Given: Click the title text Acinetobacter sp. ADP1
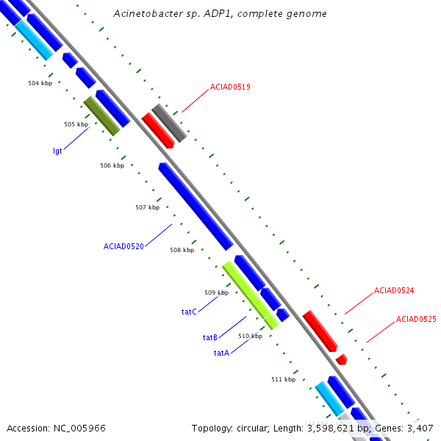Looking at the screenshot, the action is click(x=220, y=14).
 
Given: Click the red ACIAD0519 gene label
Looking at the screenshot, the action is click(x=230, y=87).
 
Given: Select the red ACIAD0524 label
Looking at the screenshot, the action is click(x=394, y=290).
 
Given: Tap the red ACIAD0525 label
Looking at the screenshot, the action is click(x=416, y=319).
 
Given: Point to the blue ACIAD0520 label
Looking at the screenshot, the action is click(x=123, y=246).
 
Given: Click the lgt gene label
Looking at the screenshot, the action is click(x=57, y=151).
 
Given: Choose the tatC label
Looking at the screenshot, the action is click(x=189, y=312).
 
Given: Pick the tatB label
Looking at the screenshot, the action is click(x=210, y=337).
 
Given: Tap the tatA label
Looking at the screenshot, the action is click(x=221, y=353).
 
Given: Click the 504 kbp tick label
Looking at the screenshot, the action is click(x=40, y=83).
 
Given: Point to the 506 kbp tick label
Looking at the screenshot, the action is click(x=112, y=165).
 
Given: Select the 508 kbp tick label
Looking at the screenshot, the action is click(x=182, y=250).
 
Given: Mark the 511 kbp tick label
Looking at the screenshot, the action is click(x=283, y=379).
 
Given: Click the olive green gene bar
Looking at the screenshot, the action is click(x=102, y=116).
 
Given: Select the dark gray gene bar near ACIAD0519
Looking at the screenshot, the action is click(x=169, y=123).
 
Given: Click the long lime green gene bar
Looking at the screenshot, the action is click(x=250, y=295).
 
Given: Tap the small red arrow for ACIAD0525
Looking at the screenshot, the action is click(x=341, y=359).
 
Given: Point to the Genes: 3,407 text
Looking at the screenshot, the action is click(x=407, y=428).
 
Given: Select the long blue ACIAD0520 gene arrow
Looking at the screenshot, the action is click(x=196, y=207).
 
